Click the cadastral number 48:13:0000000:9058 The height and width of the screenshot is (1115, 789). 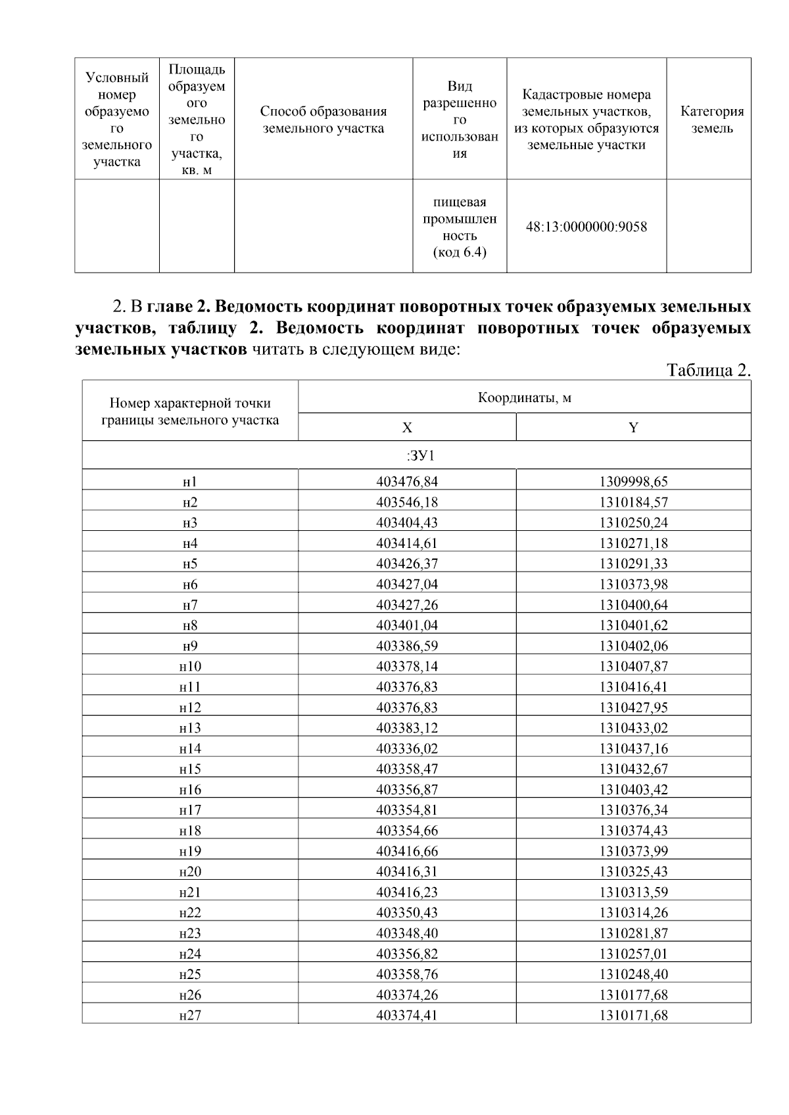tap(586, 227)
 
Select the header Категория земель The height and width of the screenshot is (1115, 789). tap(712, 120)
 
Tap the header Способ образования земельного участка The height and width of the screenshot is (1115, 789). tap(323, 120)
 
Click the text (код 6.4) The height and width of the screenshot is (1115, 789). tap(460, 253)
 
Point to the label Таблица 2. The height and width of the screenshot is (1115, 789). tap(709, 370)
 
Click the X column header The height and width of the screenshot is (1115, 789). tap(407, 428)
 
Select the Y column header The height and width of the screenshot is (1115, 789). tap(633, 428)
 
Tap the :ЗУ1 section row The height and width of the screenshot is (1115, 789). tap(416, 455)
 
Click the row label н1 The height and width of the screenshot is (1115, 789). tap(190, 482)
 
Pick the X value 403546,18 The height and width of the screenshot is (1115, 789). tap(407, 503)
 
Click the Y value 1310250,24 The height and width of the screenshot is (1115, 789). tap(633, 523)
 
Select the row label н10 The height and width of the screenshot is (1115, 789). tap(190, 666)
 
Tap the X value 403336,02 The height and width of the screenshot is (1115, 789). tap(407, 748)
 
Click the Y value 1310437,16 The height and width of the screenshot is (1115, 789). tap(633, 748)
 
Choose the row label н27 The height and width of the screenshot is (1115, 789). tap(190, 1015)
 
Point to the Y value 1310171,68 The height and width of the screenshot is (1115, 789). tap(633, 1015)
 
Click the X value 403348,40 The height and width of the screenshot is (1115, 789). tap(407, 933)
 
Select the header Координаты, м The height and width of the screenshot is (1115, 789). tap(524, 398)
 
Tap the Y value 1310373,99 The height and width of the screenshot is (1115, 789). tap(633, 851)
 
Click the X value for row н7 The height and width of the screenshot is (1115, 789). tap(407, 605)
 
